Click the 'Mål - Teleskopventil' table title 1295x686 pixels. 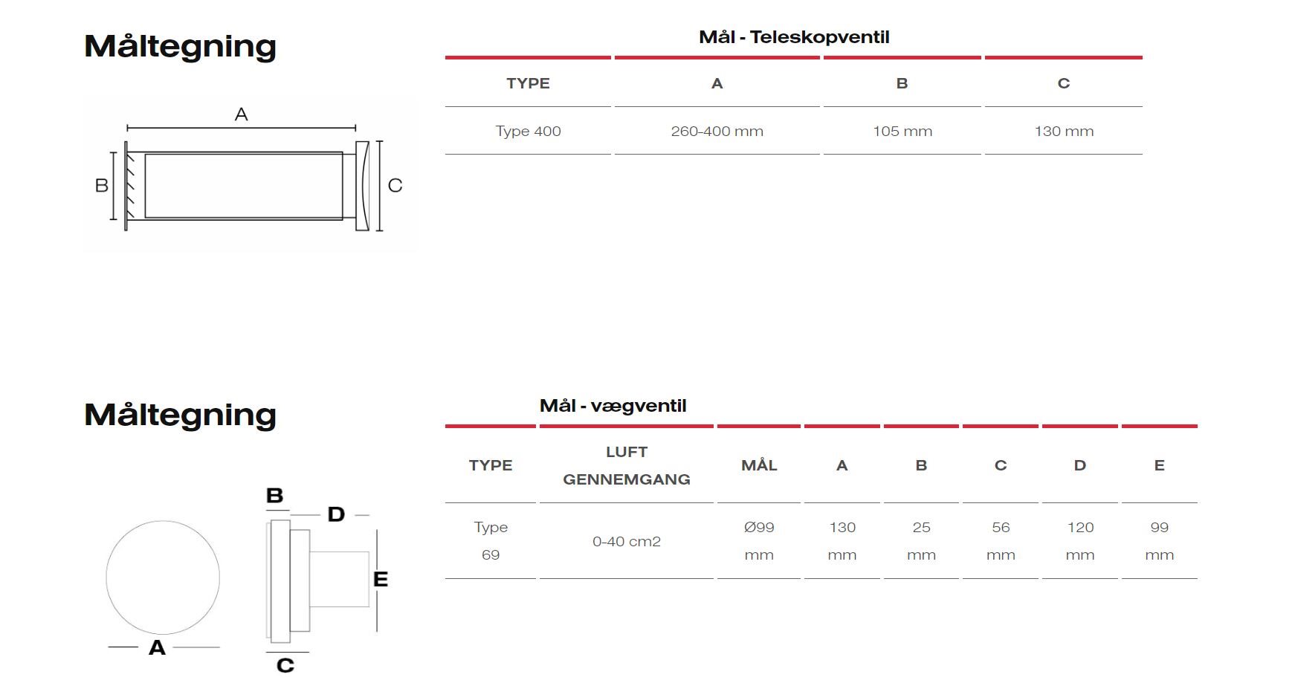(x=794, y=37)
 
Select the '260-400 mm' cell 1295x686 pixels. (x=717, y=132)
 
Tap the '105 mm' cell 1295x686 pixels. (x=902, y=132)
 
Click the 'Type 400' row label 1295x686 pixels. (x=528, y=132)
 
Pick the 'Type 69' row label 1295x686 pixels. (x=491, y=541)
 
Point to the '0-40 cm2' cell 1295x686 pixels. (x=627, y=542)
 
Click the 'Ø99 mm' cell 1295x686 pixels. (x=759, y=541)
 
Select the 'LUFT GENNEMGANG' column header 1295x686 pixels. (x=627, y=465)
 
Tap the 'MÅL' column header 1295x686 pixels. (x=759, y=465)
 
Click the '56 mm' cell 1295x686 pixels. (x=1001, y=541)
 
